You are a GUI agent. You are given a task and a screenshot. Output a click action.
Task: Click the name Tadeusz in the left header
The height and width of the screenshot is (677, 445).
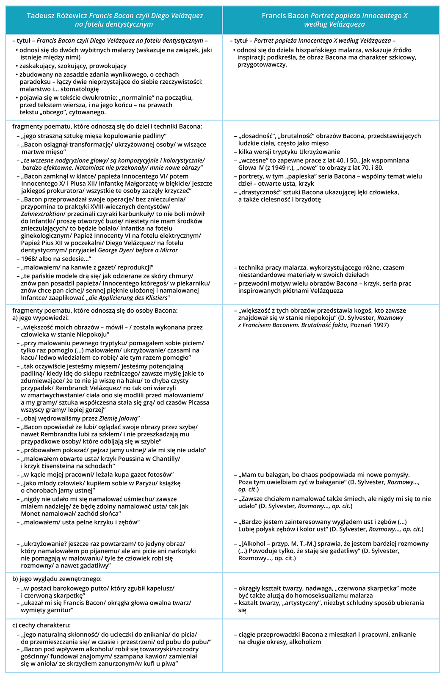(x=41, y=16)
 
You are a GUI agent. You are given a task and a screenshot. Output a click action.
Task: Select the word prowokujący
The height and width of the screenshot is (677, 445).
(x=108, y=66)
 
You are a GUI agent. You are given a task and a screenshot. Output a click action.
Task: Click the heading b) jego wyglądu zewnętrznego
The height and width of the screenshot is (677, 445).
(x=57, y=579)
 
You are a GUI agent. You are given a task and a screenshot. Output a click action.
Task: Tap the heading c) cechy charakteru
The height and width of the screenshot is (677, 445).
(x=41, y=625)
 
